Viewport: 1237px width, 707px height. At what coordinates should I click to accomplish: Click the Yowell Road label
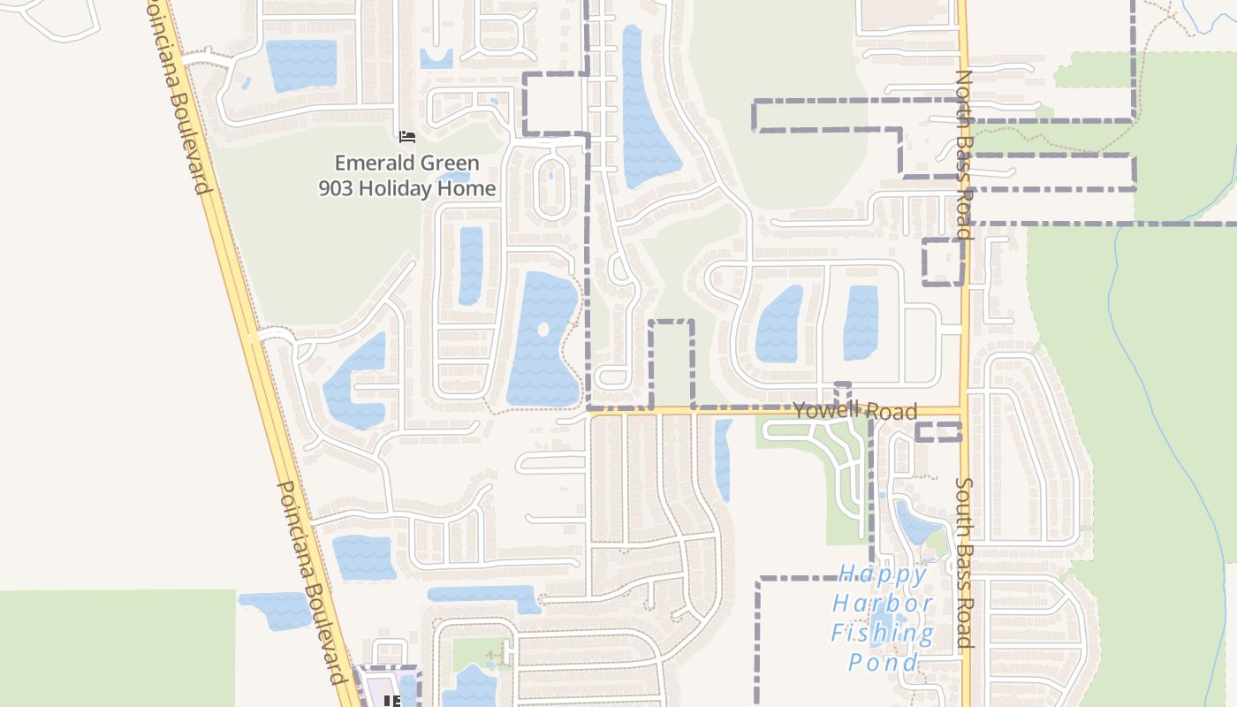(x=854, y=410)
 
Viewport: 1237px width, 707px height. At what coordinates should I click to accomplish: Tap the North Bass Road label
(x=964, y=156)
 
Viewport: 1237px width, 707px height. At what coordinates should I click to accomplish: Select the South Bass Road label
(x=964, y=564)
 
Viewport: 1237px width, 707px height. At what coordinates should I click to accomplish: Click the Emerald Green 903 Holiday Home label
(x=407, y=175)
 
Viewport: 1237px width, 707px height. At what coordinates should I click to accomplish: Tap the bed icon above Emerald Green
(x=406, y=136)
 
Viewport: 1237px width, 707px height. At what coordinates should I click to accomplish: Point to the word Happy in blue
(x=882, y=575)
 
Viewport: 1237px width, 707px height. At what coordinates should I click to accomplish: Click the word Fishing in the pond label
(x=882, y=633)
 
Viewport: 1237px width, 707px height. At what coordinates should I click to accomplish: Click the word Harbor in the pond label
(x=882, y=604)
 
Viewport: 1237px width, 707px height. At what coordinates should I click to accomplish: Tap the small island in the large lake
(x=543, y=329)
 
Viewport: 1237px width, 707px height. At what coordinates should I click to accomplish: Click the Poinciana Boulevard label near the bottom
(x=309, y=582)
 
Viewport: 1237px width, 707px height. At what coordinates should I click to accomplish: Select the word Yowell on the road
(x=825, y=409)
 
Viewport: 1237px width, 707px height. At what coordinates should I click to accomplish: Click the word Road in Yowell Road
(x=892, y=411)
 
